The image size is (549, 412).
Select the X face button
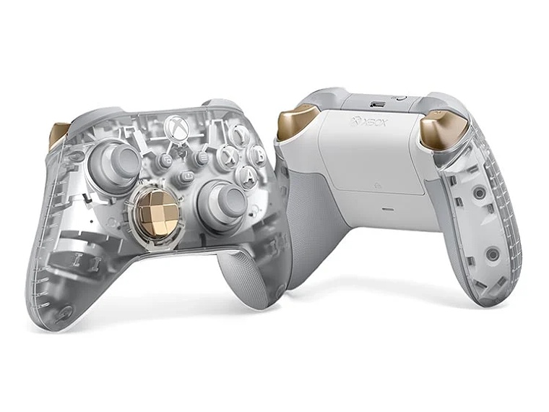[x=228, y=157]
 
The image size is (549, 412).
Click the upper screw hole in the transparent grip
[x=478, y=193]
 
